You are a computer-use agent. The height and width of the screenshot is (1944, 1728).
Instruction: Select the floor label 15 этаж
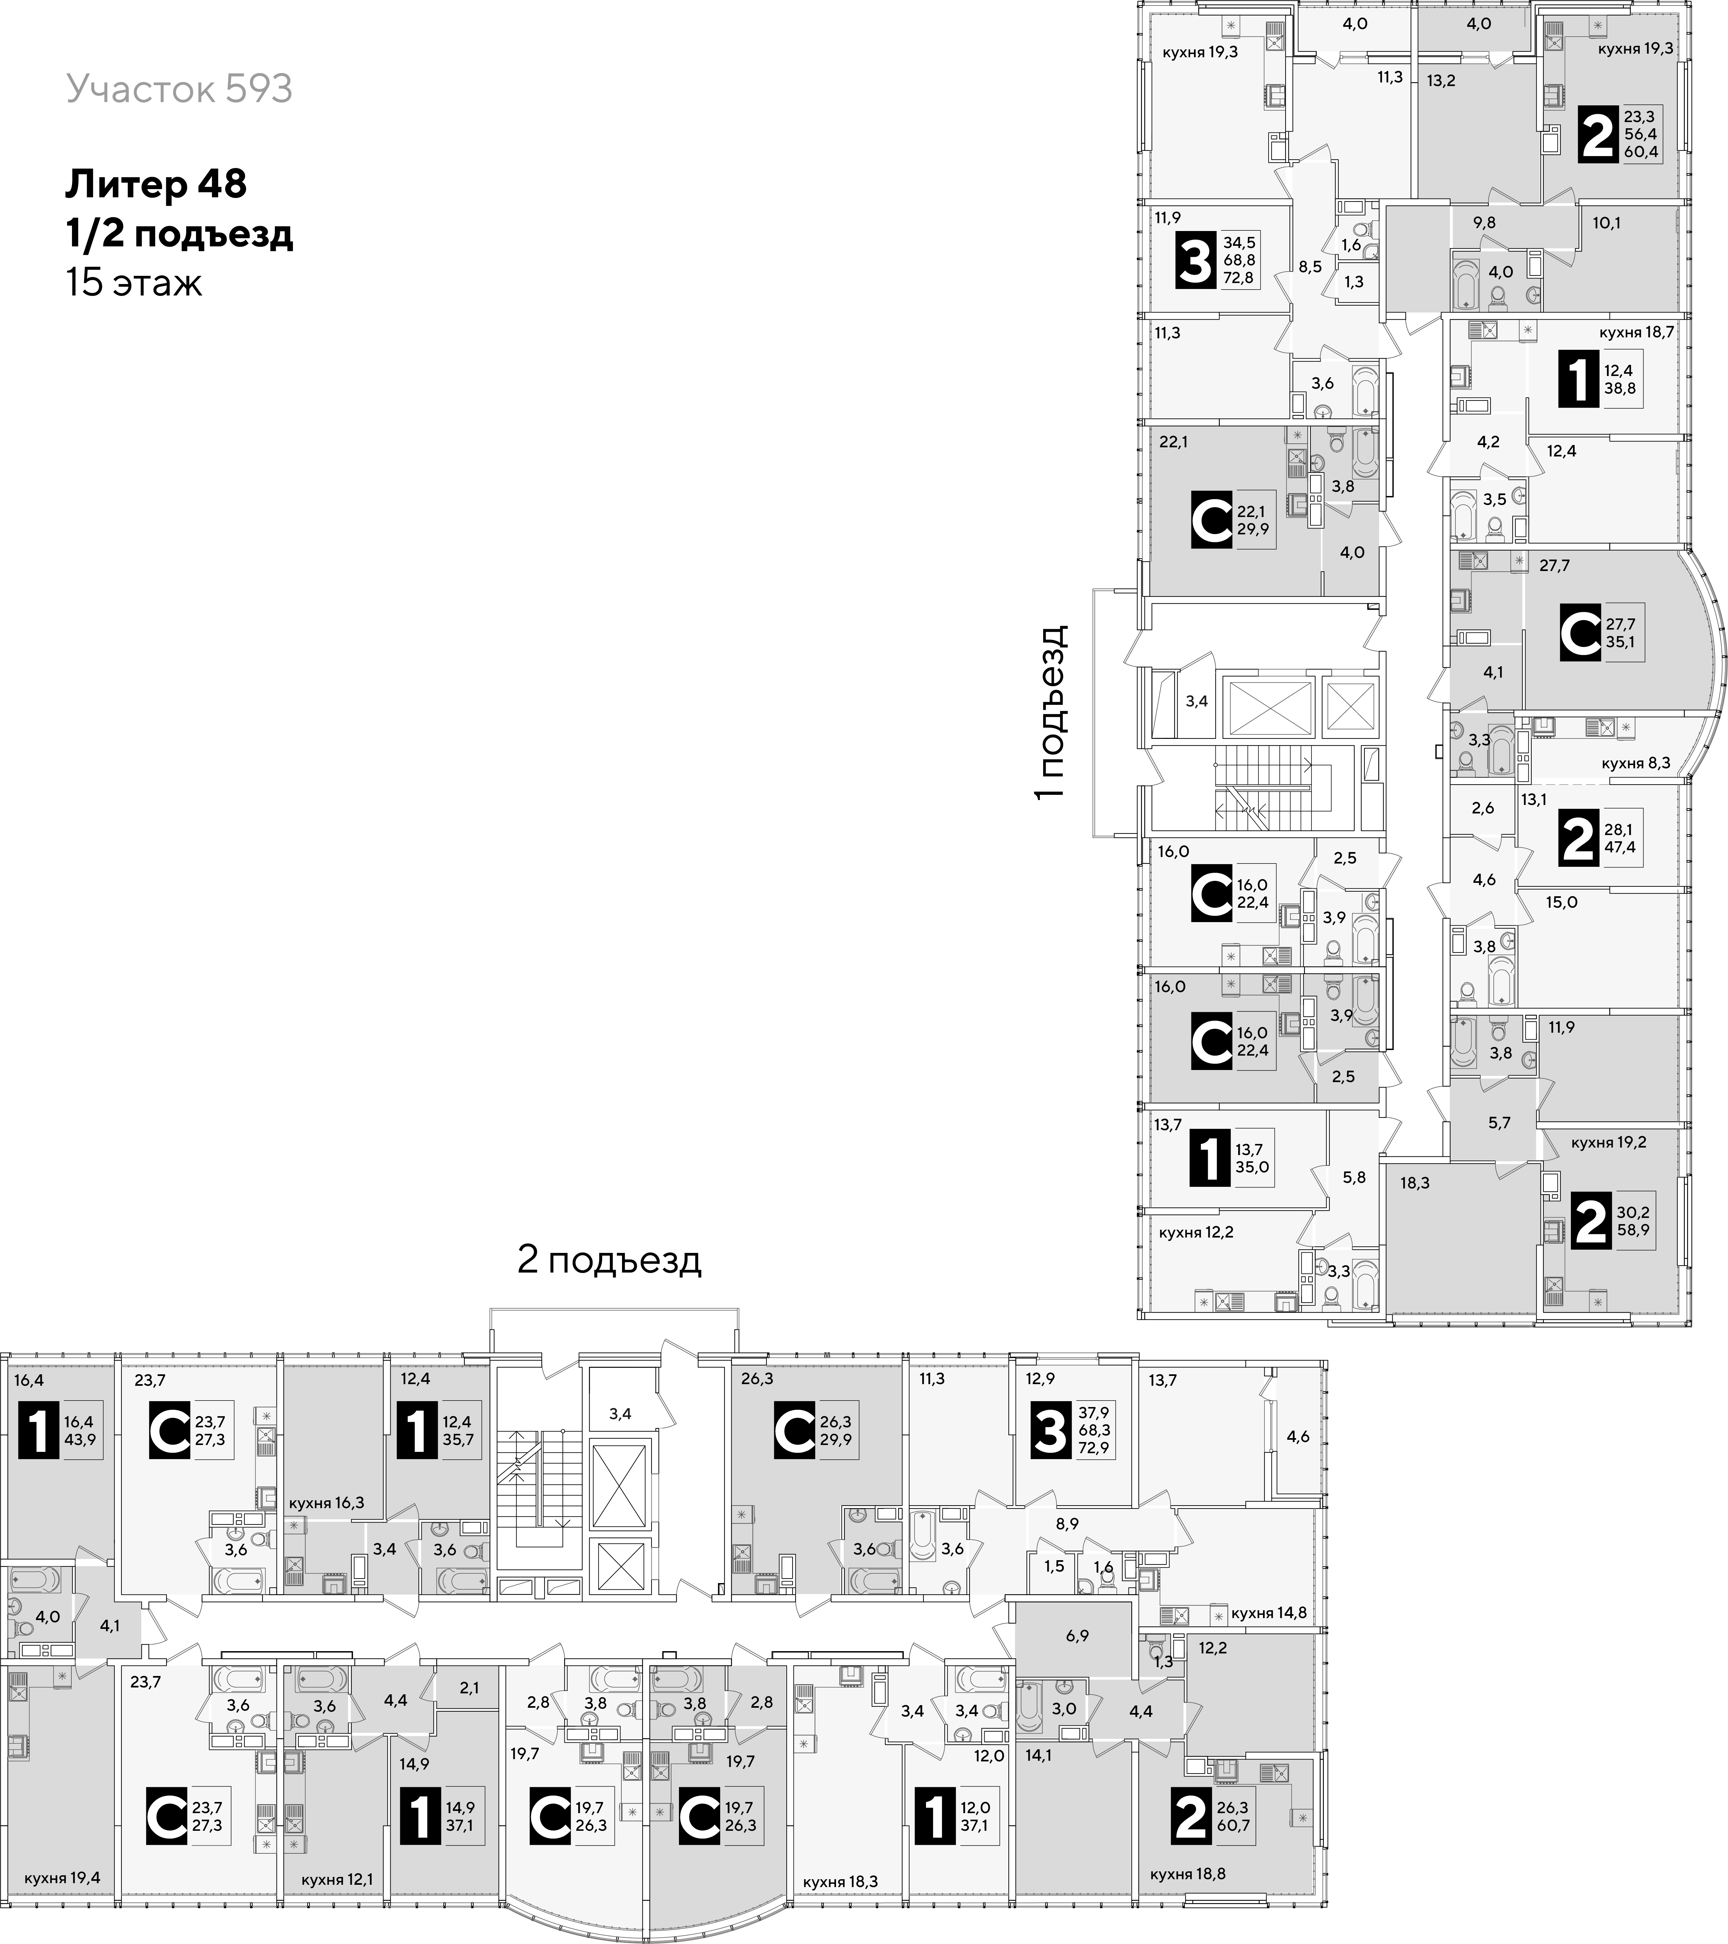(x=134, y=282)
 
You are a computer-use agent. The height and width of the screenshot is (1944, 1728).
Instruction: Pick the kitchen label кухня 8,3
(x=1636, y=763)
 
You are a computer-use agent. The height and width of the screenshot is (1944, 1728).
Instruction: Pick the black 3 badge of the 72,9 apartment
(x=1051, y=1431)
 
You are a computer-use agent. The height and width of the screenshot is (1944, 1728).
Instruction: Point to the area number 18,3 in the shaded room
(x=1415, y=1183)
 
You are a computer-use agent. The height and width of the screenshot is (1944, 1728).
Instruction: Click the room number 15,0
(x=1560, y=901)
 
